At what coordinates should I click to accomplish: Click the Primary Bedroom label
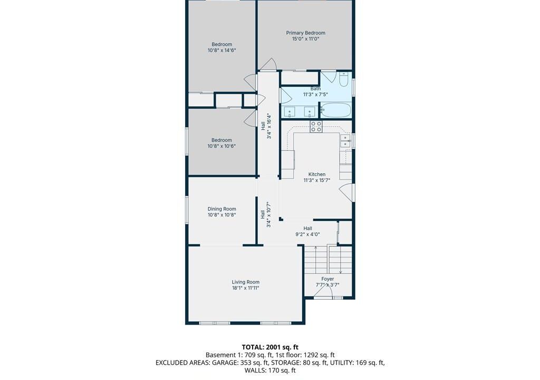point(305,33)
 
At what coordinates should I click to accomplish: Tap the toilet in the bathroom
point(343,79)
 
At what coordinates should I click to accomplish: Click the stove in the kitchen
point(316,127)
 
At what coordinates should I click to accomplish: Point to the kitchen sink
point(345,141)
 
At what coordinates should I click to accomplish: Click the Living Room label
point(246,282)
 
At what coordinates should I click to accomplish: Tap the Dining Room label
point(222,209)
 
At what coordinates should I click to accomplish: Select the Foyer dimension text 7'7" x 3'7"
point(327,285)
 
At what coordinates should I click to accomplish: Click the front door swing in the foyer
point(323,291)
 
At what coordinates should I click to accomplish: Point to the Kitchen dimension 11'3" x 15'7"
point(317,180)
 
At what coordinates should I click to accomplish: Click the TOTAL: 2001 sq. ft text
point(270,347)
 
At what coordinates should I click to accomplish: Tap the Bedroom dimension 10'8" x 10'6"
point(221,146)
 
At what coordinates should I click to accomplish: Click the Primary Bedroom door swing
point(268,64)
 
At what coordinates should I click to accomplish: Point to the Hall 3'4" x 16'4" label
point(266,126)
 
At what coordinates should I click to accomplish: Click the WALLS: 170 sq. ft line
point(270,370)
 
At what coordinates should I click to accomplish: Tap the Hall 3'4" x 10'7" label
point(266,214)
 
